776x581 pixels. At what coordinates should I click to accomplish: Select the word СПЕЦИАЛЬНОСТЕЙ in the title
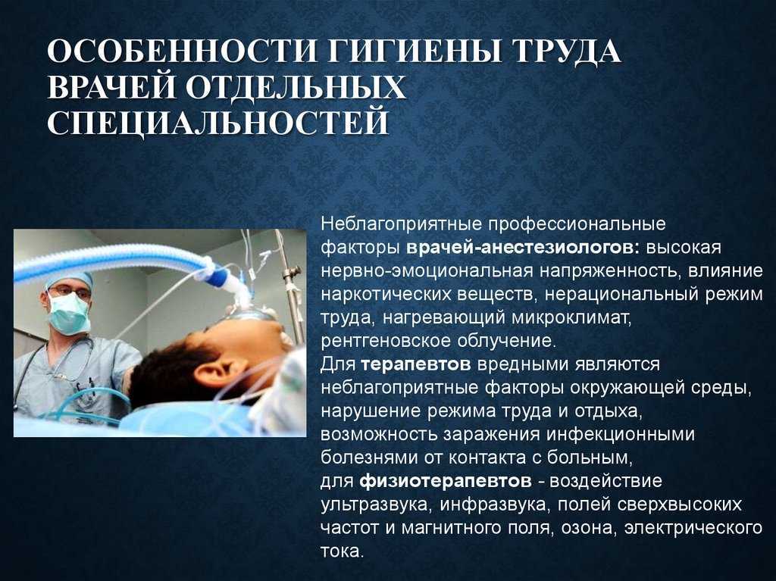point(218,123)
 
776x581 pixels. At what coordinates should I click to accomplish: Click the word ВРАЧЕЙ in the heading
point(112,88)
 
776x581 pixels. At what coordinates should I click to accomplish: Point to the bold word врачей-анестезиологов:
point(523,248)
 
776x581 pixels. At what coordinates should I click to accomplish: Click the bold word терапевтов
point(416,364)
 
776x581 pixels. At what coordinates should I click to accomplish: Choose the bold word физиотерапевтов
point(446,481)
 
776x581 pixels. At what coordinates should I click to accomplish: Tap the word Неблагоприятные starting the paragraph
point(402,225)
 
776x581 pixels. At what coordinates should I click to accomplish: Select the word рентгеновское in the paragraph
point(386,342)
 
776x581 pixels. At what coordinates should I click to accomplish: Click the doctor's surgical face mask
point(69,313)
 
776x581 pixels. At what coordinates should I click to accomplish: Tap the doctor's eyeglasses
point(69,292)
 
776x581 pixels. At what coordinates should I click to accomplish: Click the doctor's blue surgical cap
point(69,278)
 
